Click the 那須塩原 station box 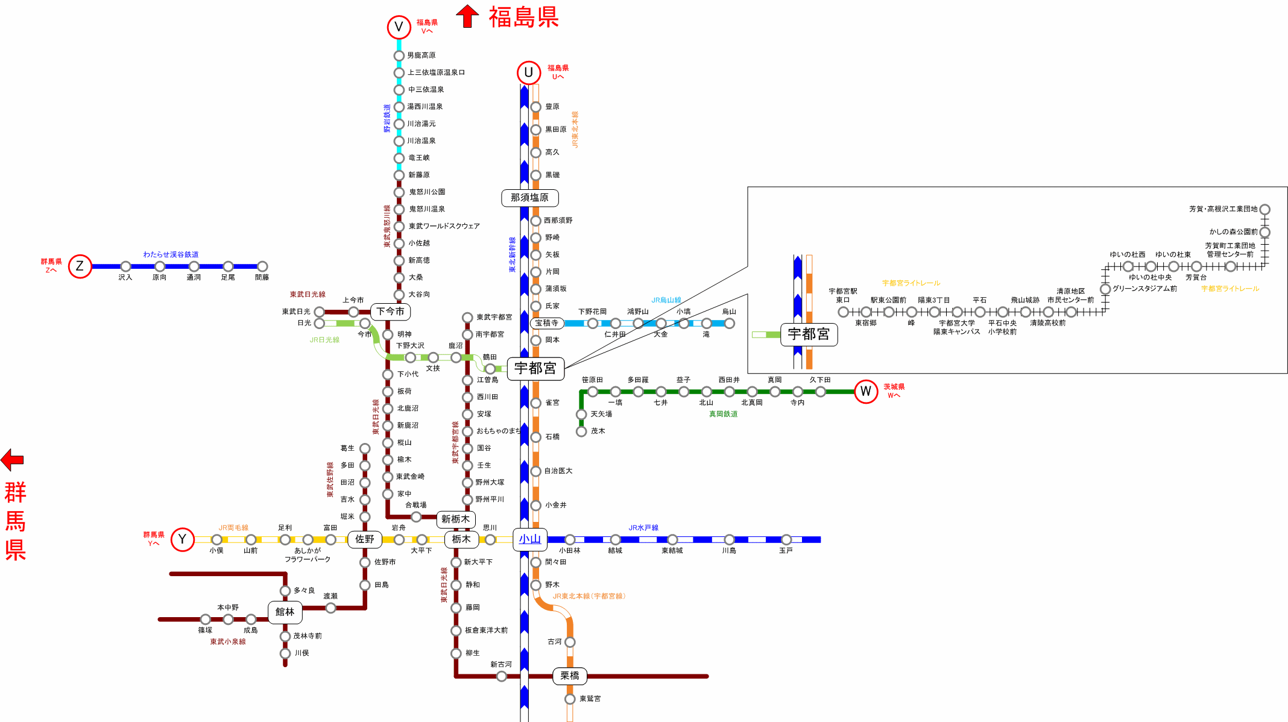tap(530, 198)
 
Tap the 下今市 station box tap(391, 312)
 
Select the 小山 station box tap(530, 539)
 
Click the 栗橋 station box tap(570, 676)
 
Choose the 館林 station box tap(285, 612)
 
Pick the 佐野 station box tap(365, 539)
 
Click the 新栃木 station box tap(456, 520)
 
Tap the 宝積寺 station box tap(547, 323)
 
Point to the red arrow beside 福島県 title tap(467, 16)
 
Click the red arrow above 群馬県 tap(12, 460)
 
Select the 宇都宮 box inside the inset tap(809, 334)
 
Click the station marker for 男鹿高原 tap(399, 56)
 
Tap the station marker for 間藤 tap(262, 266)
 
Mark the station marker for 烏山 tap(730, 324)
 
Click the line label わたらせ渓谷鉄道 tap(171, 255)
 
